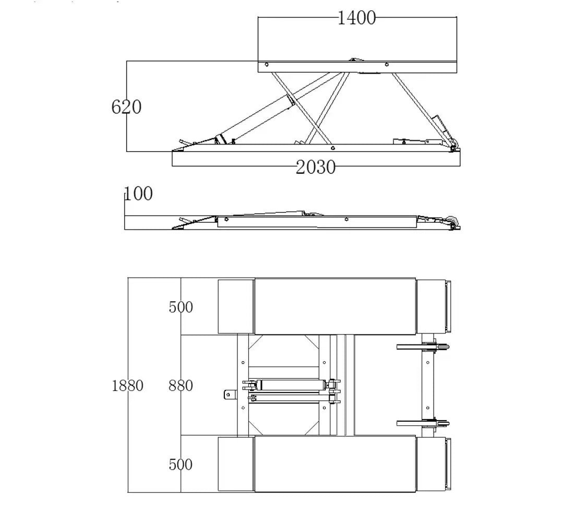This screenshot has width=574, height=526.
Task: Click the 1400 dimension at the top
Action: [356, 18]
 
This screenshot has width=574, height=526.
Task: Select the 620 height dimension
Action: [126, 107]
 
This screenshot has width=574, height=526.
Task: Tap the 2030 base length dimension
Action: [316, 167]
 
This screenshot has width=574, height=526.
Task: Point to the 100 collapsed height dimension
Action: [139, 194]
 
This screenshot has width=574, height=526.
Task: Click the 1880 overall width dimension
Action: [127, 386]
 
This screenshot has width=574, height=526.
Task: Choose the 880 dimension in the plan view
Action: [181, 386]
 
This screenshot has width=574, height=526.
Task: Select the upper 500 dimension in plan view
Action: [181, 307]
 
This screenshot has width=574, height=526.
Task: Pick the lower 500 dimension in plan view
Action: [181, 464]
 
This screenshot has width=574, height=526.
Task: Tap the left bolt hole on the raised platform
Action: [267, 65]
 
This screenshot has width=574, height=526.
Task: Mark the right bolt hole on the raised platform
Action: [386, 65]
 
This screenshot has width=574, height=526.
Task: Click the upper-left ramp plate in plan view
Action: [235, 306]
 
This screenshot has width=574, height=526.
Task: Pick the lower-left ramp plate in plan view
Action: [235, 464]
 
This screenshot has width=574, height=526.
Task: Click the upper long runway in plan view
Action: [335, 306]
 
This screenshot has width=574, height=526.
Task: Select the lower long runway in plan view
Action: [335, 464]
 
